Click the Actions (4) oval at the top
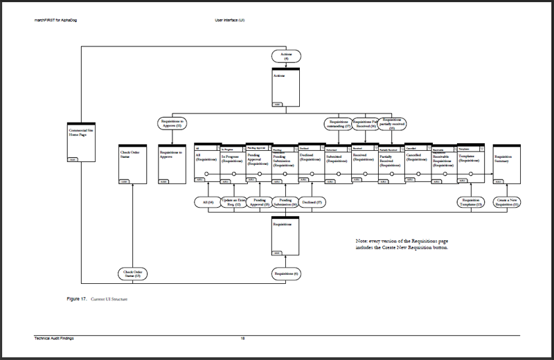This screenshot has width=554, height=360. [285, 56]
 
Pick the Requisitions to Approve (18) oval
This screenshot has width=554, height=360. [170, 124]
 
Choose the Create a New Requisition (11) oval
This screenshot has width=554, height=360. [509, 203]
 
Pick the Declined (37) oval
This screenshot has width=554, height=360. [312, 203]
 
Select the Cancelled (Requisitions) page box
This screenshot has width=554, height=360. [418, 163]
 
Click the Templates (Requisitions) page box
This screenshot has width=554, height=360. [471, 163]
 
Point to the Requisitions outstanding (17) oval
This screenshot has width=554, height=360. [339, 124]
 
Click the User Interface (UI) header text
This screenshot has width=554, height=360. [230, 20]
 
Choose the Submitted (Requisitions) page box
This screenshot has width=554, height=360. [339, 163]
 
